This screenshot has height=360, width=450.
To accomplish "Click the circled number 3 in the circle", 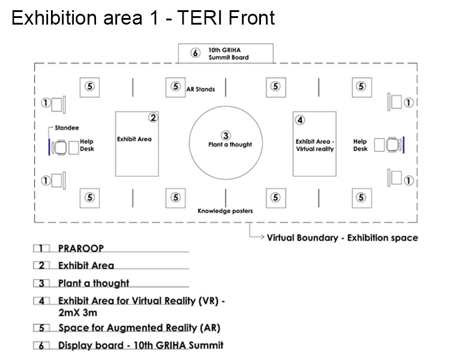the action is click(x=226, y=136).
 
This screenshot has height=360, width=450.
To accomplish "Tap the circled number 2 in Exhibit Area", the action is click(x=153, y=118).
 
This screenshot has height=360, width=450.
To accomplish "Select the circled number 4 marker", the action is click(x=300, y=120).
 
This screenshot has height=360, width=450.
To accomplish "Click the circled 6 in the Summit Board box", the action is click(x=196, y=53).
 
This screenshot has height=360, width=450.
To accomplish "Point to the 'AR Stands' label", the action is click(x=200, y=89).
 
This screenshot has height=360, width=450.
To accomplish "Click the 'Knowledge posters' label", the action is click(x=225, y=211).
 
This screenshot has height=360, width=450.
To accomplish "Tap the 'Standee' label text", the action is click(x=67, y=128).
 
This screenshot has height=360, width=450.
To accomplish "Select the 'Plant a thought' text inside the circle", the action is click(x=230, y=145).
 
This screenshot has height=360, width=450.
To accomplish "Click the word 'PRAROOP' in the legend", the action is click(x=81, y=248).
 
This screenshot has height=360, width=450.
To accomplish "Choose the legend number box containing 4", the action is click(x=41, y=301).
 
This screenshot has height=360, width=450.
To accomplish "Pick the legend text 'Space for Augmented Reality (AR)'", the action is click(x=139, y=328).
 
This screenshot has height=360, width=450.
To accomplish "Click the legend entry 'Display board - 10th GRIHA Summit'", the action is click(x=141, y=345).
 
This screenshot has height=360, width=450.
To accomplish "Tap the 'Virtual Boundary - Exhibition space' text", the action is click(x=343, y=238).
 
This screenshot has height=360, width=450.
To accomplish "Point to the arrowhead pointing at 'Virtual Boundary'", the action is click(x=262, y=237).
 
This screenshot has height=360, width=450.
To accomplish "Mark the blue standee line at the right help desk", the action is click(x=404, y=145).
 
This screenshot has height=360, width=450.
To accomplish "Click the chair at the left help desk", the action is click(x=59, y=147).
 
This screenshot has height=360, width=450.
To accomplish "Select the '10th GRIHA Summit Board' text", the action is click(x=229, y=53).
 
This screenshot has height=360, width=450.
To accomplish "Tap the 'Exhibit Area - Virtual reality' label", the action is click(x=315, y=145).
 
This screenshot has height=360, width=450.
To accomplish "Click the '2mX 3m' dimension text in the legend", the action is click(x=78, y=313).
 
